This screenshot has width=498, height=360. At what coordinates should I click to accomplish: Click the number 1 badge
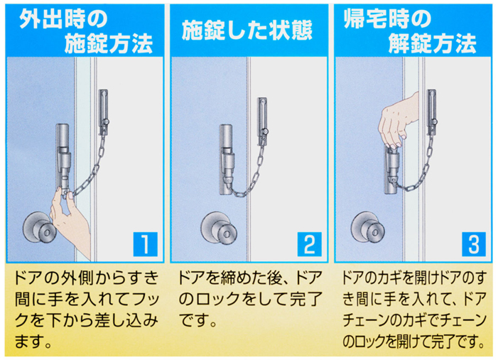(x=145, y=244)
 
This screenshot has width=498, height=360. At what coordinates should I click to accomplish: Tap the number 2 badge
(x=309, y=244)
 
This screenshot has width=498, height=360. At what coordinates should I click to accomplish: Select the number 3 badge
(x=474, y=244)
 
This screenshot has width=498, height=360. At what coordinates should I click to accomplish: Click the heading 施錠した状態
(x=247, y=31)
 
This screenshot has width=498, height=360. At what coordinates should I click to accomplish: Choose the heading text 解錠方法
(x=432, y=44)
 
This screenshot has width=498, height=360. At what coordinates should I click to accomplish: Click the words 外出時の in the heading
(x=63, y=19)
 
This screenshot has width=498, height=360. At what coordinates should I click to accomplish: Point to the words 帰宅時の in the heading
(x=387, y=18)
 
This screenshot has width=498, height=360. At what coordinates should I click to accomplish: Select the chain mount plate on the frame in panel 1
(x=104, y=111)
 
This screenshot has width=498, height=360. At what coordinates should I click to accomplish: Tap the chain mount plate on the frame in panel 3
(x=432, y=111)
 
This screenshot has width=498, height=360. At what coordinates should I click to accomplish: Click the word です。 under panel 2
(x=197, y=320)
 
